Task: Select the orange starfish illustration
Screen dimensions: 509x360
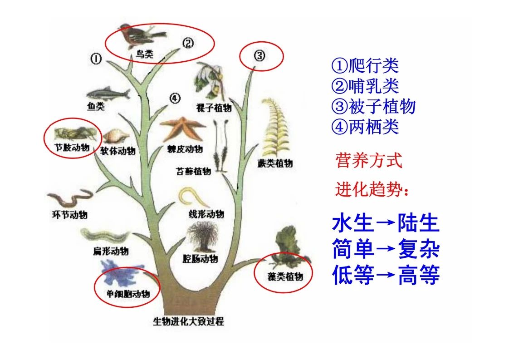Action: coord(182,128)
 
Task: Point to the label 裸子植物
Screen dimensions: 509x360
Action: coord(214,108)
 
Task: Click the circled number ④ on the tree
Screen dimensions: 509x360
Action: coord(175,98)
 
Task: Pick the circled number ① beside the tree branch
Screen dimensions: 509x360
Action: coord(96,59)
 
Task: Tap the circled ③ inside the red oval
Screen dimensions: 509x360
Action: coord(259,55)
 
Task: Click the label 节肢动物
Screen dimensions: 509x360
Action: coord(72,148)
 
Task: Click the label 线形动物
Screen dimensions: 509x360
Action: coord(206,214)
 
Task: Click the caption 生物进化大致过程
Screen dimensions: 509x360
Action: coord(189,321)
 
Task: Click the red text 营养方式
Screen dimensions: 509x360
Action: coord(369,160)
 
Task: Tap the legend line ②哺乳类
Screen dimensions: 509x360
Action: coord(365,86)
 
